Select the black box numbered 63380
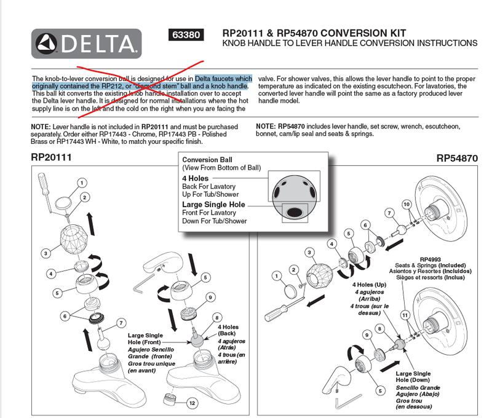(185, 35)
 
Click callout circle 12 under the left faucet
(192, 403)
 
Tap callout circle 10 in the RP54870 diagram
(406, 203)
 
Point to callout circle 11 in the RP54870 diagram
(404, 315)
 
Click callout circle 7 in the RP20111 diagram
(121, 322)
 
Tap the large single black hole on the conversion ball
(294, 213)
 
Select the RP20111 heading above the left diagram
(52, 157)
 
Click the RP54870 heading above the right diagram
(457, 157)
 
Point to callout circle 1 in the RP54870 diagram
(276, 275)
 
